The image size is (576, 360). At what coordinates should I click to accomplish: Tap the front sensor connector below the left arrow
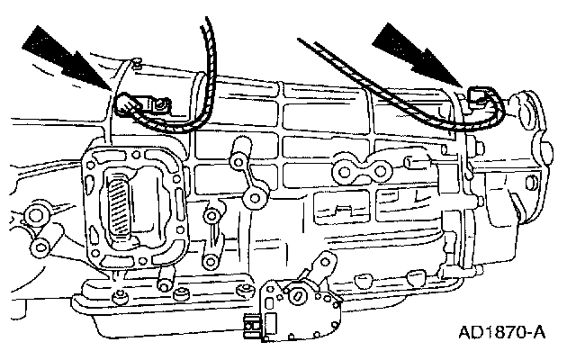point(135,107)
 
